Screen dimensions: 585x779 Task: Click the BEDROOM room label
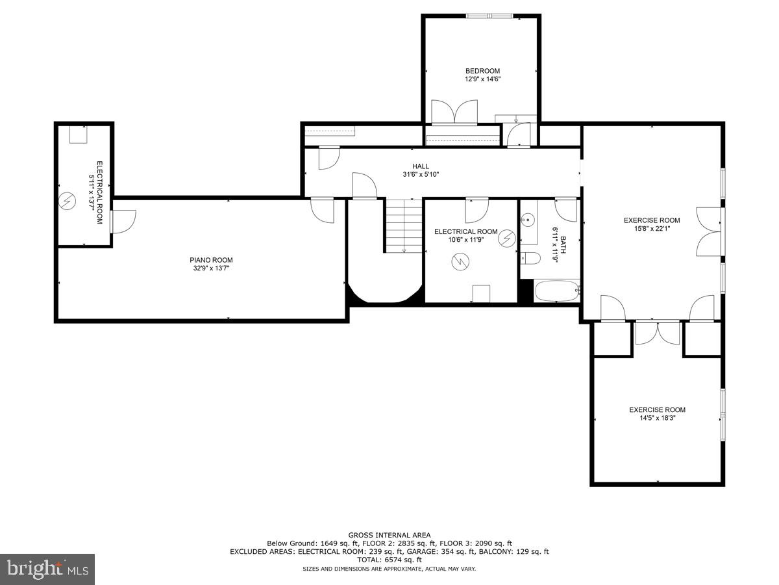482,71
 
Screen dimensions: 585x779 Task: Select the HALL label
421,166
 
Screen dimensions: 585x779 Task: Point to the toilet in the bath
530,258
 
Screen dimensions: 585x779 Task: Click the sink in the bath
528,220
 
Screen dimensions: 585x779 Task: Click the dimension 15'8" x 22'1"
652,229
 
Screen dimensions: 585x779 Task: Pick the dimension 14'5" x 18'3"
657,419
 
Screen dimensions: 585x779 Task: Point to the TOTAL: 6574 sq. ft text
389,560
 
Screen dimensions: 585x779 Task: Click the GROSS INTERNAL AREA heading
389,535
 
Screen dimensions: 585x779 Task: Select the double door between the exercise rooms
658,332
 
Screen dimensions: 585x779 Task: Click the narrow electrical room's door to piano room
122,221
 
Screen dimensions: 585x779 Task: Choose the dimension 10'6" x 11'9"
465,239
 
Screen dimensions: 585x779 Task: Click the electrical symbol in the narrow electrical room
67,201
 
